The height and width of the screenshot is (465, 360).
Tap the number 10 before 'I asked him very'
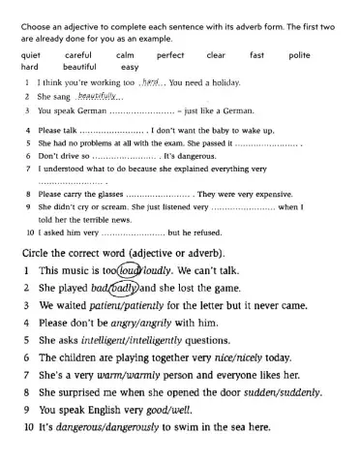pyautogui.click(x=30, y=232)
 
